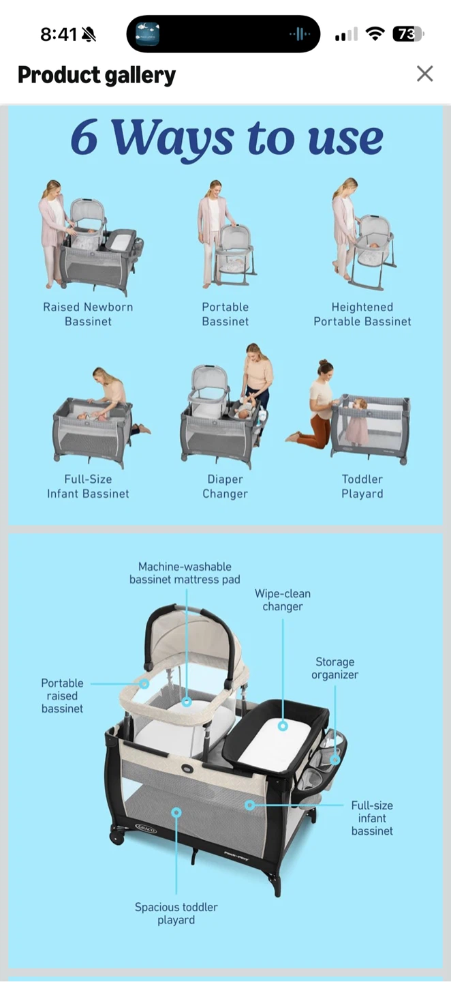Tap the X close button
424,74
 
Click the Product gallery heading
96,75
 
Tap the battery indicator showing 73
408,34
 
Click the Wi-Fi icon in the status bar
375,33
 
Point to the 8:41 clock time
59,34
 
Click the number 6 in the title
84,136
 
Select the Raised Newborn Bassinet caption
88,314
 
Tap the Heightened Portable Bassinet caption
362,314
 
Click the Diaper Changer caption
225,486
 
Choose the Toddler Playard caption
362,486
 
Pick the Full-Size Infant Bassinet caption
88,486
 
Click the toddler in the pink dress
356,421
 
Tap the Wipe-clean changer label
283,599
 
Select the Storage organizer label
335,668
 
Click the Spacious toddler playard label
176,913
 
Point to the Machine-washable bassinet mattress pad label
185,573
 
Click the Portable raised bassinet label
62,696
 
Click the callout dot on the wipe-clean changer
283,726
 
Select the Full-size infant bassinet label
372,818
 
